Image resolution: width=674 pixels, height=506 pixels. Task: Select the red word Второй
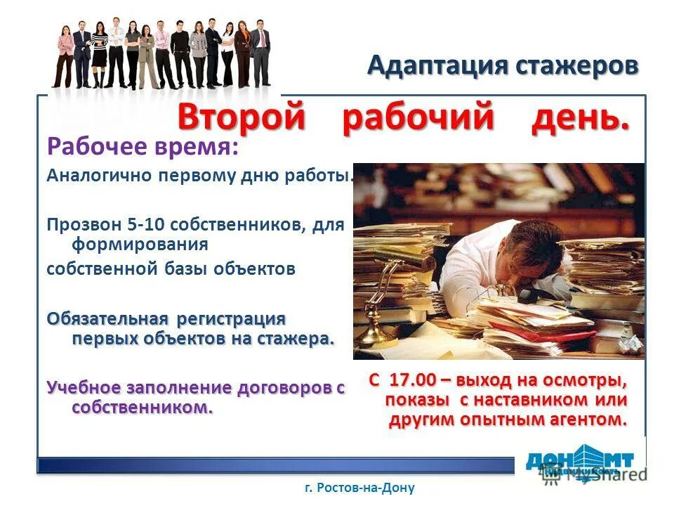pyautogui.click(x=242, y=116)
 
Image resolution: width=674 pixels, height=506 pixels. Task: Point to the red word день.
pyautogui.click(x=580, y=117)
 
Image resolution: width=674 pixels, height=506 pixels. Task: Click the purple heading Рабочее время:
pyautogui.click(x=143, y=148)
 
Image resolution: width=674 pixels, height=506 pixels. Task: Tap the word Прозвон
pyautogui.click(x=77, y=225)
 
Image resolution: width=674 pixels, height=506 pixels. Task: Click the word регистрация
pyautogui.click(x=232, y=318)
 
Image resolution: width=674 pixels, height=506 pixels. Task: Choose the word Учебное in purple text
pyautogui.click(x=84, y=388)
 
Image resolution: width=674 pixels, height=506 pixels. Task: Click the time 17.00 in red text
pyautogui.click(x=413, y=380)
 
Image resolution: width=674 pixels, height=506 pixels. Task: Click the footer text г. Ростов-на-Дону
pyautogui.click(x=360, y=488)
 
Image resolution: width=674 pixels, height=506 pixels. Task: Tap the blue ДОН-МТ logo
pyautogui.click(x=580, y=460)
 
